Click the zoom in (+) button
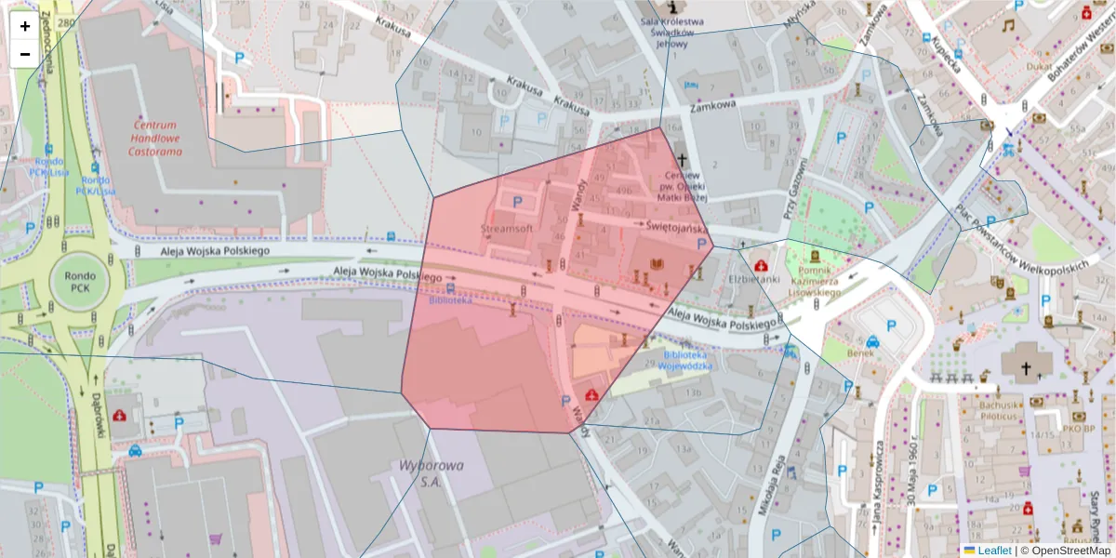tap(25, 26)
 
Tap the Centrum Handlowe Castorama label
tap(154, 138)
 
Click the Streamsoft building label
tap(507, 228)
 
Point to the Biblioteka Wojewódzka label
tap(687, 361)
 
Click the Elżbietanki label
tap(753, 278)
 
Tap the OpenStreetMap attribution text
tap(1066, 551)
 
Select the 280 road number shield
tap(64, 23)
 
